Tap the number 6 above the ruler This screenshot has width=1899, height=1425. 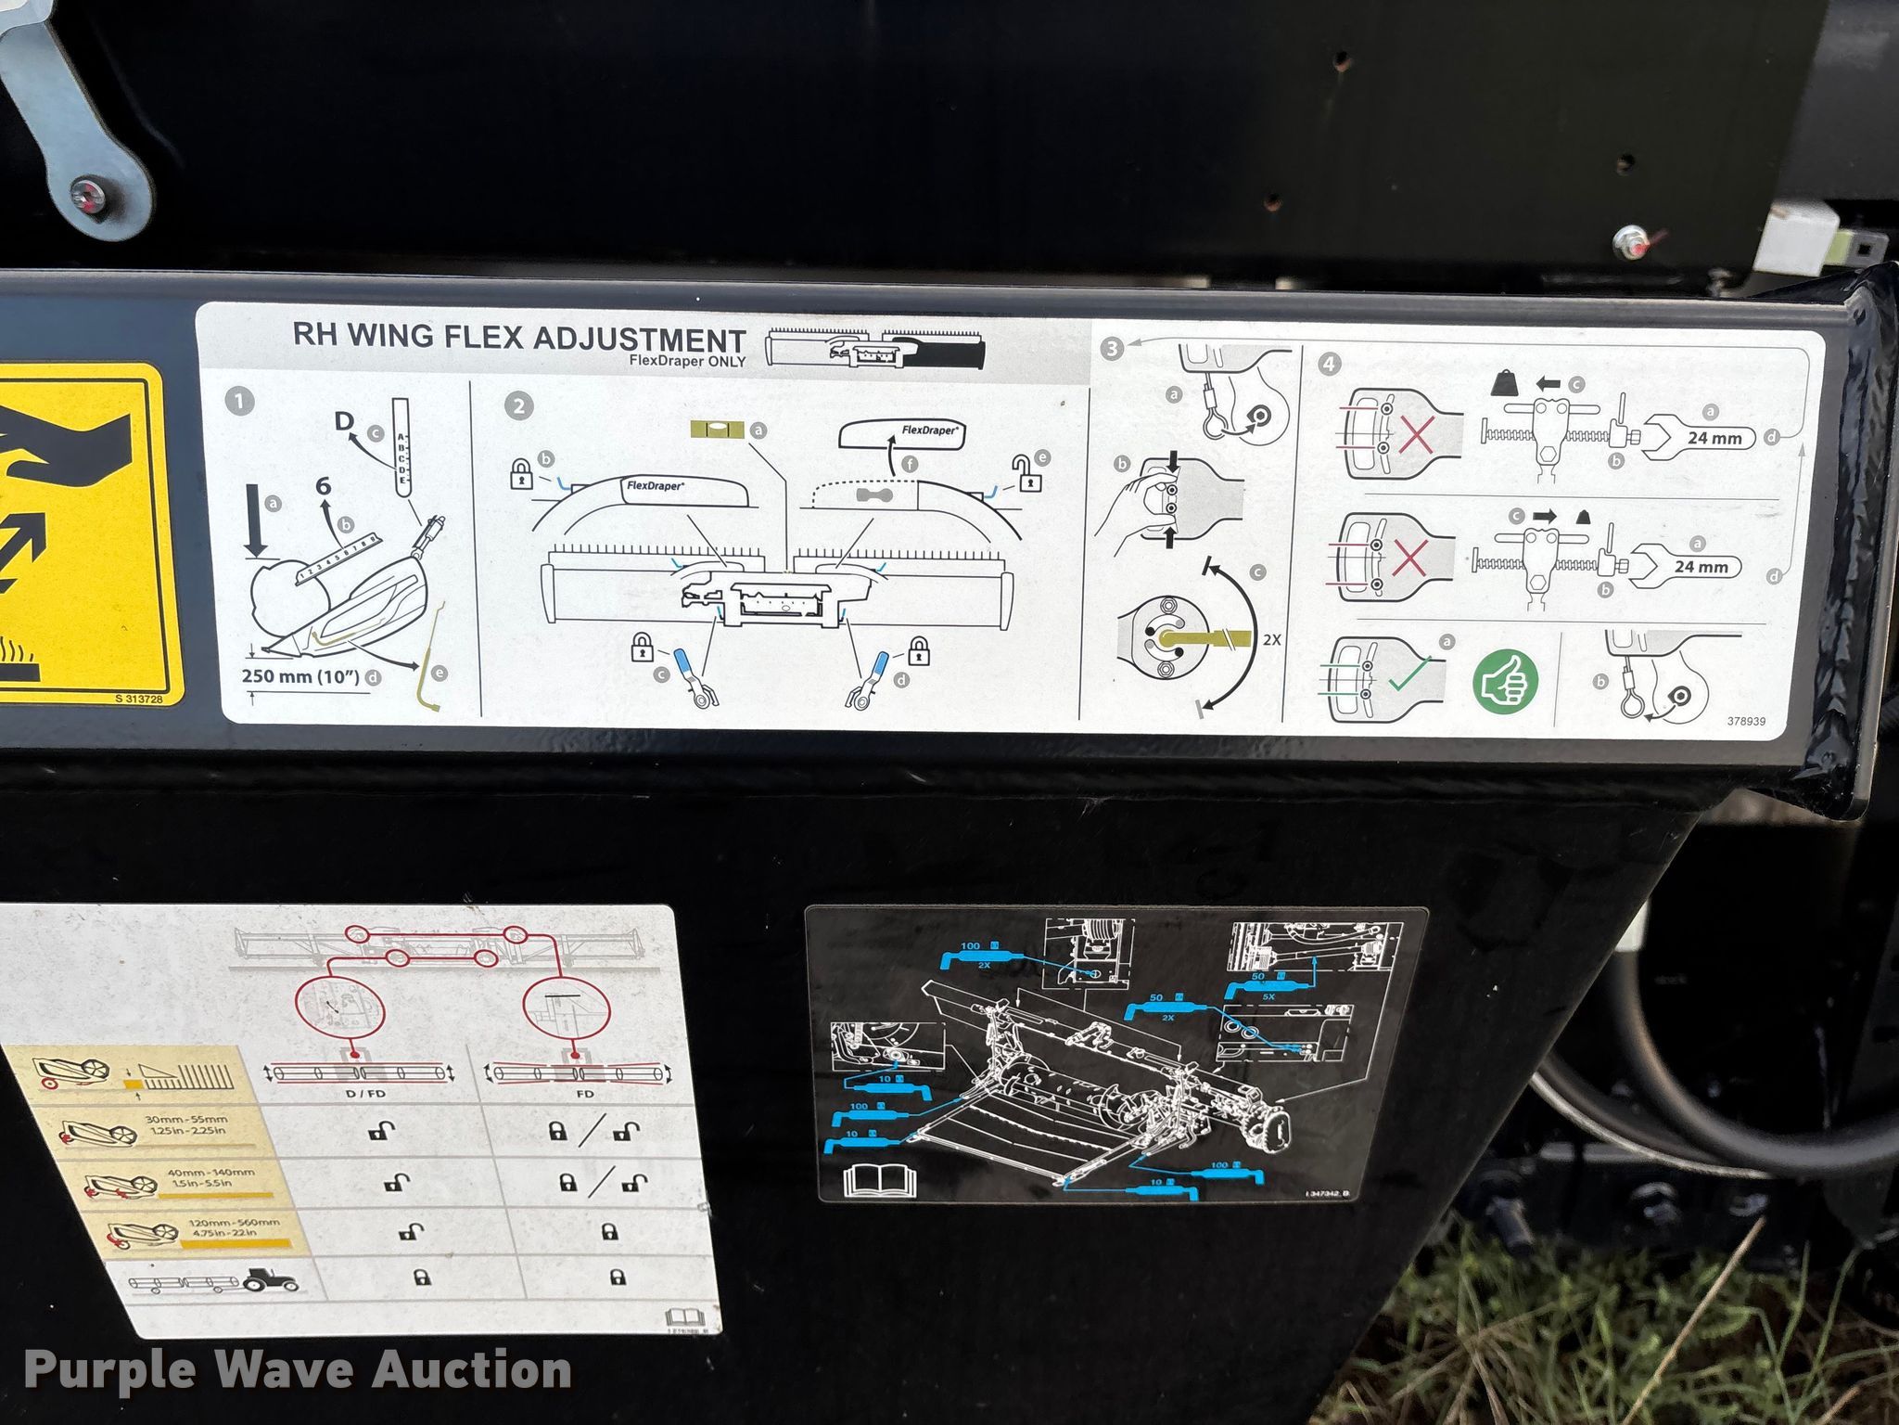323,485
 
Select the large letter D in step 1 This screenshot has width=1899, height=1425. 345,421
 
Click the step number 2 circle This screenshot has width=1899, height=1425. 518,405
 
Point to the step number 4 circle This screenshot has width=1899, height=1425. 1329,363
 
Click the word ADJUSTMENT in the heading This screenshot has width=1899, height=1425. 639,339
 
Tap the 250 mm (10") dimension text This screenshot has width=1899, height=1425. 300,675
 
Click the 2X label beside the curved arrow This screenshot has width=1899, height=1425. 1271,639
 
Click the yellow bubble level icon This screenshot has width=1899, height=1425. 719,430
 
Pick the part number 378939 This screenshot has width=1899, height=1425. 1746,721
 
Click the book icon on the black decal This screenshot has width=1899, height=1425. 878,1180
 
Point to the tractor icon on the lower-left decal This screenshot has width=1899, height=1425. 271,1281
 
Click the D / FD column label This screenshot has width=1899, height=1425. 364,1094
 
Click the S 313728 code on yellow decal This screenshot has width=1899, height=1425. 139,699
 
